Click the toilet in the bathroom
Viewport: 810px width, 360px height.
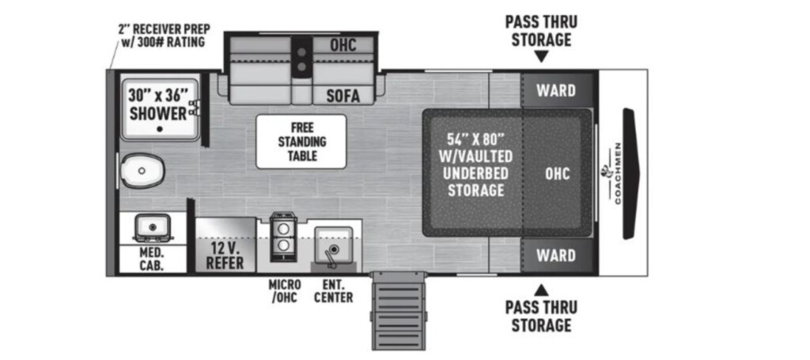point(142,170)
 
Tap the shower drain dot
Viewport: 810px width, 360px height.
point(160,129)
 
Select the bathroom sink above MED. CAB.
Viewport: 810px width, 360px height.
point(152,227)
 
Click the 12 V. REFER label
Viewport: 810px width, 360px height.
point(225,256)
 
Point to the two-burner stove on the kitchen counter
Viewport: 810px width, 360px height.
point(283,237)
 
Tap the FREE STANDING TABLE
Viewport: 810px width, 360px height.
point(301,142)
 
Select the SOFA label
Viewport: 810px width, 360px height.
point(343,96)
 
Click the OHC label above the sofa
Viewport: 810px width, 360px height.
point(343,45)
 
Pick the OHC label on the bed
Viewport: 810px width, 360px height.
point(558,173)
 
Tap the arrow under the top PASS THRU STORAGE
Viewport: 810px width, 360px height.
point(541,56)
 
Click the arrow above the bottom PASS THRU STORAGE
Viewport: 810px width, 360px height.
point(541,290)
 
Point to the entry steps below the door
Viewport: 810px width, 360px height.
point(399,312)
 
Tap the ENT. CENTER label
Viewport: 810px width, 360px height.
point(334,291)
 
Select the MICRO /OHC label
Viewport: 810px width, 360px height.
point(285,291)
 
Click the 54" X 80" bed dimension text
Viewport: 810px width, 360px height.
point(475,138)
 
